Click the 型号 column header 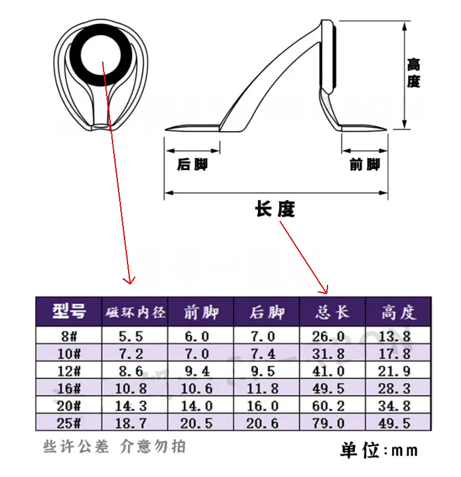click(x=69, y=311)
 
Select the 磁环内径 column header click(x=135, y=312)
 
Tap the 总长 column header click(x=332, y=312)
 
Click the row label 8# click(x=69, y=336)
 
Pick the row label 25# click(x=69, y=423)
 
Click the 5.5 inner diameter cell click(x=131, y=336)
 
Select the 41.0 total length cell click(x=328, y=371)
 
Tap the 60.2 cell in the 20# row click(x=328, y=406)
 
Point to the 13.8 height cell click(x=395, y=336)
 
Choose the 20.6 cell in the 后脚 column click(x=262, y=423)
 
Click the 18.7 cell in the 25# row click(x=131, y=423)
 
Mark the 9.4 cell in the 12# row click(x=197, y=371)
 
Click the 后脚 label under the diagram click(x=192, y=164)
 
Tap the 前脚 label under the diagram click(x=365, y=164)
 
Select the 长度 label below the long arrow click(x=275, y=209)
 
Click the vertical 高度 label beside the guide click(x=413, y=73)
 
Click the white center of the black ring click(x=101, y=56)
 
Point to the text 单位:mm click(x=379, y=450)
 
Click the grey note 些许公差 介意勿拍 click(x=114, y=446)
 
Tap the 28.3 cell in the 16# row click(x=395, y=388)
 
